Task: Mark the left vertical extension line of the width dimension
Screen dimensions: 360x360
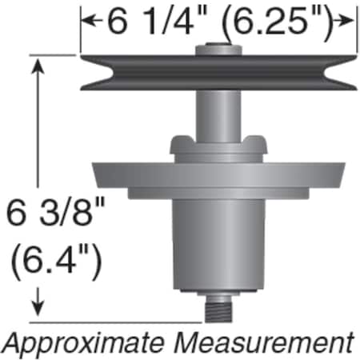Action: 80,36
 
